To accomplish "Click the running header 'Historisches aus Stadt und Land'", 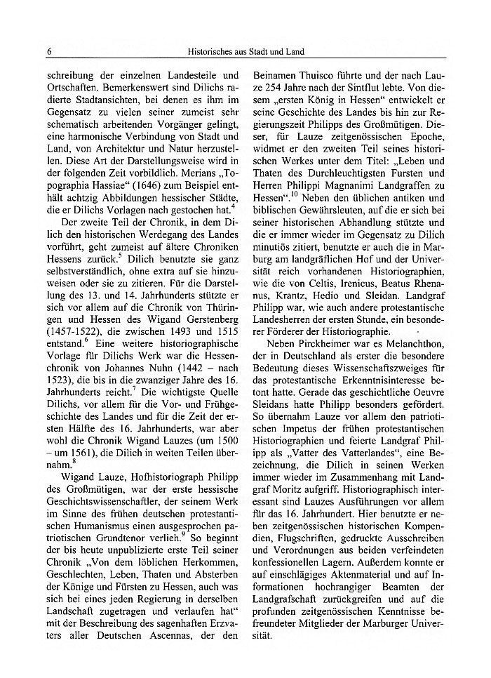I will [245, 51].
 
